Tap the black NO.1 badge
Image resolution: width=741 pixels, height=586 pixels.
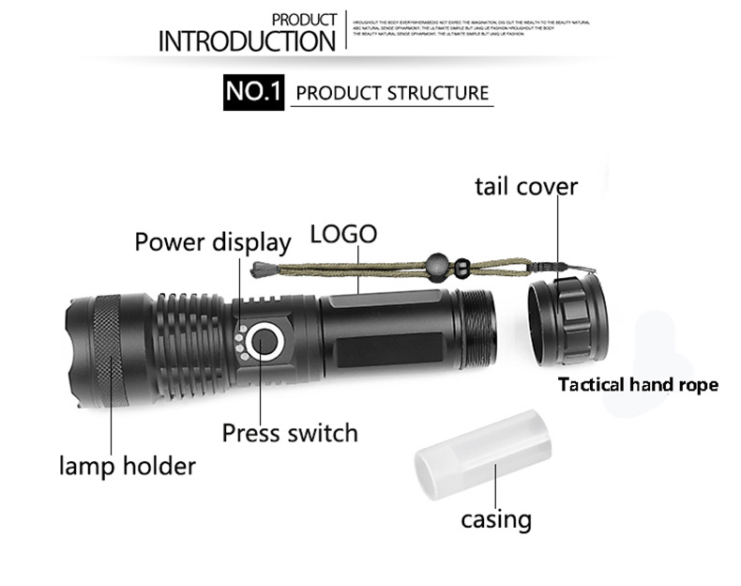(253, 93)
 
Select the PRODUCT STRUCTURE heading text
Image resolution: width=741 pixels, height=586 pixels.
(392, 93)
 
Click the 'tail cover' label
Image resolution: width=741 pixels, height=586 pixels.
(525, 186)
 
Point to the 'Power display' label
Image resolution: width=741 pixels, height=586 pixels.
(213, 241)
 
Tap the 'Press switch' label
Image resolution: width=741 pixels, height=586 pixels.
(290, 433)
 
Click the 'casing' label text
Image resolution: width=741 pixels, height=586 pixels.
(495, 519)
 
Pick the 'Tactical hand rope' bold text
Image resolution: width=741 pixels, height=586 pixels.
(638, 384)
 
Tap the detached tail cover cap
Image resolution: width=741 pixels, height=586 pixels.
(564, 320)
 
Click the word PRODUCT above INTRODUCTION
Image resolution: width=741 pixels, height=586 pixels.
(304, 19)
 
